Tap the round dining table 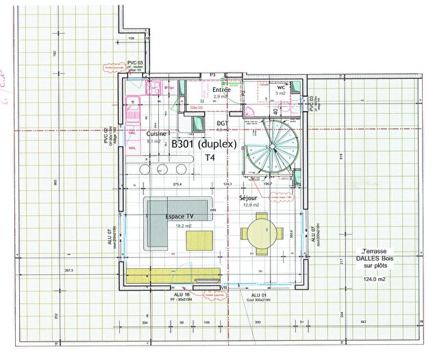tap(259, 232)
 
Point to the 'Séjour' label tap(248, 197)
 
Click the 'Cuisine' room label tap(157, 134)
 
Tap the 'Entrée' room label tap(221, 90)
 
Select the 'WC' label tap(281, 88)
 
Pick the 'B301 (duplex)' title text tap(203, 145)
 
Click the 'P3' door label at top tap(212, 74)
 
